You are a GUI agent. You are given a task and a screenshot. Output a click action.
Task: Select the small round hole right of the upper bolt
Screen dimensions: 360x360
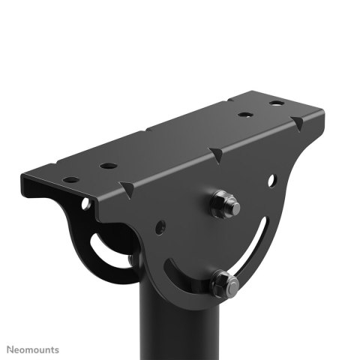click(x=271, y=179)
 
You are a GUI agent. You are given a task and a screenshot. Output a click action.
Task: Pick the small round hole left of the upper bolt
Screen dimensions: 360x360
click(x=160, y=225)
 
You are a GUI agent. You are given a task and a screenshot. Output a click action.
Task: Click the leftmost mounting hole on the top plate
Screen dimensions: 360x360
click(x=70, y=180)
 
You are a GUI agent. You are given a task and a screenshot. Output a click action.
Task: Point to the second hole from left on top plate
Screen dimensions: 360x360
click(x=109, y=165)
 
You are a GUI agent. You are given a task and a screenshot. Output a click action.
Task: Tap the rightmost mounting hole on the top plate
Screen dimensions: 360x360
click(x=277, y=103)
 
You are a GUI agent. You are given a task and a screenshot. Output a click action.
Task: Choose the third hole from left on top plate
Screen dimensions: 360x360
click(x=244, y=115)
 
